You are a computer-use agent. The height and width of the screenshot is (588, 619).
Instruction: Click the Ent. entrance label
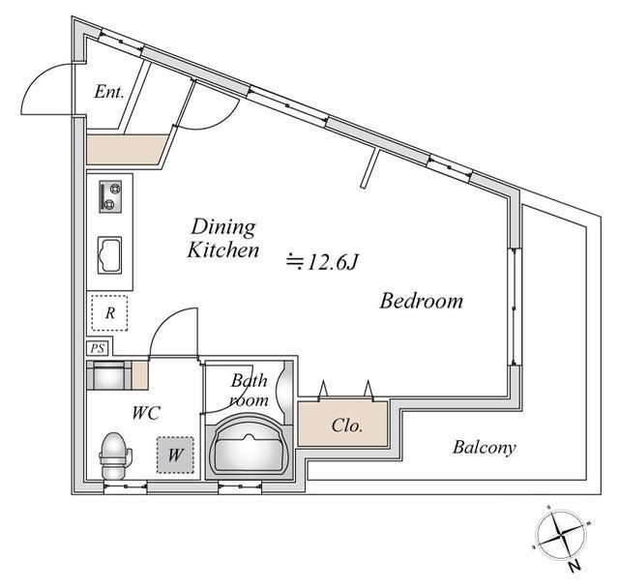[x=109, y=92]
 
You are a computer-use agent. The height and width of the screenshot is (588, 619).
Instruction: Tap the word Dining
[x=223, y=227]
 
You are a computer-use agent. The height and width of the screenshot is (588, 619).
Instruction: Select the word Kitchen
[x=223, y=250]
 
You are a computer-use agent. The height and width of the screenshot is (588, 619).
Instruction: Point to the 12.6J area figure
[x=322, y=262]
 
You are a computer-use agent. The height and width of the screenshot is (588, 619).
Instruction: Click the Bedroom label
[x=422, y=301]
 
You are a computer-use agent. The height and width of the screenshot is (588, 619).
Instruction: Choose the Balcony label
[x=485, y=448]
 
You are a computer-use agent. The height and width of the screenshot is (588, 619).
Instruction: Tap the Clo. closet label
[x=347, y=426]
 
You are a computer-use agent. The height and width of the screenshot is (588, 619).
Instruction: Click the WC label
[x=146, y=413]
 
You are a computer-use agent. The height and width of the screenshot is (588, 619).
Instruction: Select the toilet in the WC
[x=115, y=455]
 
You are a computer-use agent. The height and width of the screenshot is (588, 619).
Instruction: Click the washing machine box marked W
[x=175, y=455]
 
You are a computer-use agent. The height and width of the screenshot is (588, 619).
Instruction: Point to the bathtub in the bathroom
[x=250, y=446]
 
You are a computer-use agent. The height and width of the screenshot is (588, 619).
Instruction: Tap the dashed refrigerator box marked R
[x=109, y=313]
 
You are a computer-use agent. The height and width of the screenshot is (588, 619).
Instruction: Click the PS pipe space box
[x=97, y=348]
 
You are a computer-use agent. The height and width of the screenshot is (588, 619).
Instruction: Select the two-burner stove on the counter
[x=110, y=196]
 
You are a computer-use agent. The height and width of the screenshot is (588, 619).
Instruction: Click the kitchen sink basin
[x=109, y=255]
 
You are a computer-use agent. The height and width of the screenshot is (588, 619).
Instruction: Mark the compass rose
[x=561, y=537]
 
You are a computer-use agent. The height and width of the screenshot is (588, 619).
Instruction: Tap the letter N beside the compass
[x=575, y=567]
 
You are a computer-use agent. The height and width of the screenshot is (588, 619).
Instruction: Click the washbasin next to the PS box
[x=109, y=375]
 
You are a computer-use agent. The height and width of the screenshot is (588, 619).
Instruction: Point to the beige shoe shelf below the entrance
[x=127, y=149]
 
